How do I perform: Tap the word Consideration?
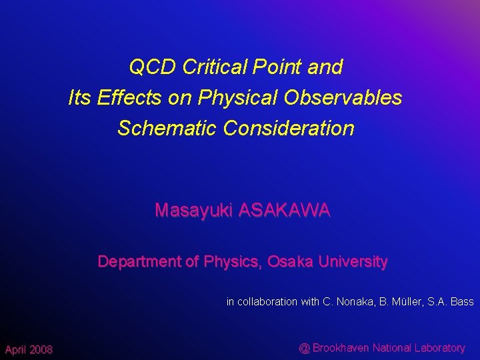click(x=290, y=128)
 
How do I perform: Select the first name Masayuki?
click(x=194, y=211)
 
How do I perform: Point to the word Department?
click(x=139, y=262)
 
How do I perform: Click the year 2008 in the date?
click(x=40, y=350)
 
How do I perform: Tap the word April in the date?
click(x=15, y=350)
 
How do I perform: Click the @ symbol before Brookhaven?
click(x=304, y=347)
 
